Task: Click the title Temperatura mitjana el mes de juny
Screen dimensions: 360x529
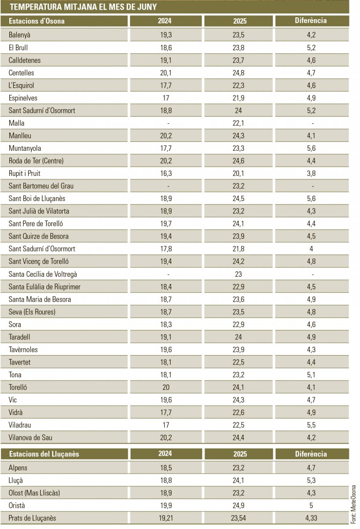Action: pyautogui.click(x=83, y=7)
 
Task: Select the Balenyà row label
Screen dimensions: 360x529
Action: pyautogui.click(x=19, y=35)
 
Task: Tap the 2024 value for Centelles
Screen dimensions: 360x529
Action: pyautogui.click(x=166, y=73)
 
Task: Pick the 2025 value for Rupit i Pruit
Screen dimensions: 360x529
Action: pyautogui.click(x=238, y=173)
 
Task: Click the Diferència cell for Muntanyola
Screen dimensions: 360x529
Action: pyautogui.click(x=311, y=148)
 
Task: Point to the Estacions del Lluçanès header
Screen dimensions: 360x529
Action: pyautogui.click(x=44, y=454)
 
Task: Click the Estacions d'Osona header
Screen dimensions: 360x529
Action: pyautogui.click(x=37, y=21)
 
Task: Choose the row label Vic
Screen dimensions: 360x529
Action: pyautogui.click(x=12, y=400)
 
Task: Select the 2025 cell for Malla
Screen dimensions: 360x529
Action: pyautogui.click(x=238, y=123)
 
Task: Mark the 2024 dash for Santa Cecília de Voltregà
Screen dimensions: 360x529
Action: pyautogui.click(x=168, y=274)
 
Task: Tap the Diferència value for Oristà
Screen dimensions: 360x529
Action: pyautogui.click(x=311, y=505)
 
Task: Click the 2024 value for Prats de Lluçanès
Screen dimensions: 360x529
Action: pyautogui.click(x=166, y=518)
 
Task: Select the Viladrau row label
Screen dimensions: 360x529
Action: pyautogui.click(x=19, y=425)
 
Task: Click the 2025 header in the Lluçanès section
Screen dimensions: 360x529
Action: pyautogui.click(x=240, y=454)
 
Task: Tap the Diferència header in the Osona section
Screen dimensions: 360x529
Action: pyautogui.click(x=311, y=21)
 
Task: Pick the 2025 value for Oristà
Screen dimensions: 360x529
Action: pyautogui.click(x=238, y=505)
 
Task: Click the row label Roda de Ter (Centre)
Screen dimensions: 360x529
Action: pyautogui.click(x=36, y=161)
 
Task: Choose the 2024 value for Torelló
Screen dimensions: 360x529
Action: pyautogui.click(x=166, y=387)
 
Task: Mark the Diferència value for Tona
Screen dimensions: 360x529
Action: pyautogui.click(x=311, y=375)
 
